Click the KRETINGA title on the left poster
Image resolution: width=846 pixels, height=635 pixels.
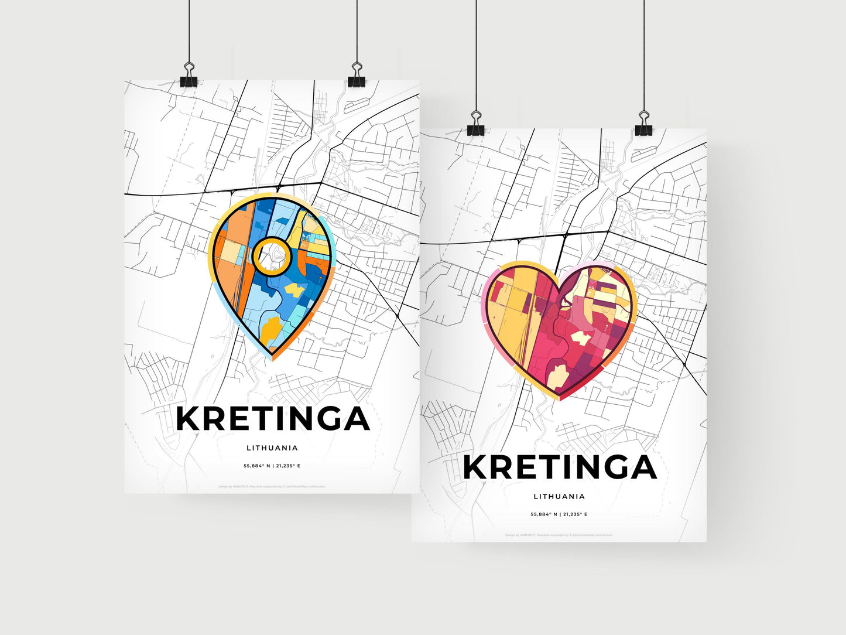click(x=272, y=419)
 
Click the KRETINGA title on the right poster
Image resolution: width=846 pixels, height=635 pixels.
click(x=559, y=467)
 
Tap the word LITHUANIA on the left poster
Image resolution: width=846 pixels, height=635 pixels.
click(x=272, y=448)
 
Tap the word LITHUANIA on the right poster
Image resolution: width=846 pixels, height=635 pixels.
click(x=559, y=497)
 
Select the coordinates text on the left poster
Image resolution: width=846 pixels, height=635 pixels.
click(x=272, y=466)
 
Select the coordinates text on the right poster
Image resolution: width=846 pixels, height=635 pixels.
click(x=559, y=514)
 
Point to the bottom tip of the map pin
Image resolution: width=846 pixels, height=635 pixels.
click(x=272, y=359)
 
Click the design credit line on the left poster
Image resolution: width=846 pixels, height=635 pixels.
click(x=272, y=487)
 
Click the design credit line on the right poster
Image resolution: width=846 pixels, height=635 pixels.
click(x=559, y=535)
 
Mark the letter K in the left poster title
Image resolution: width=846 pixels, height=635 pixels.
click(x=189, y=419)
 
